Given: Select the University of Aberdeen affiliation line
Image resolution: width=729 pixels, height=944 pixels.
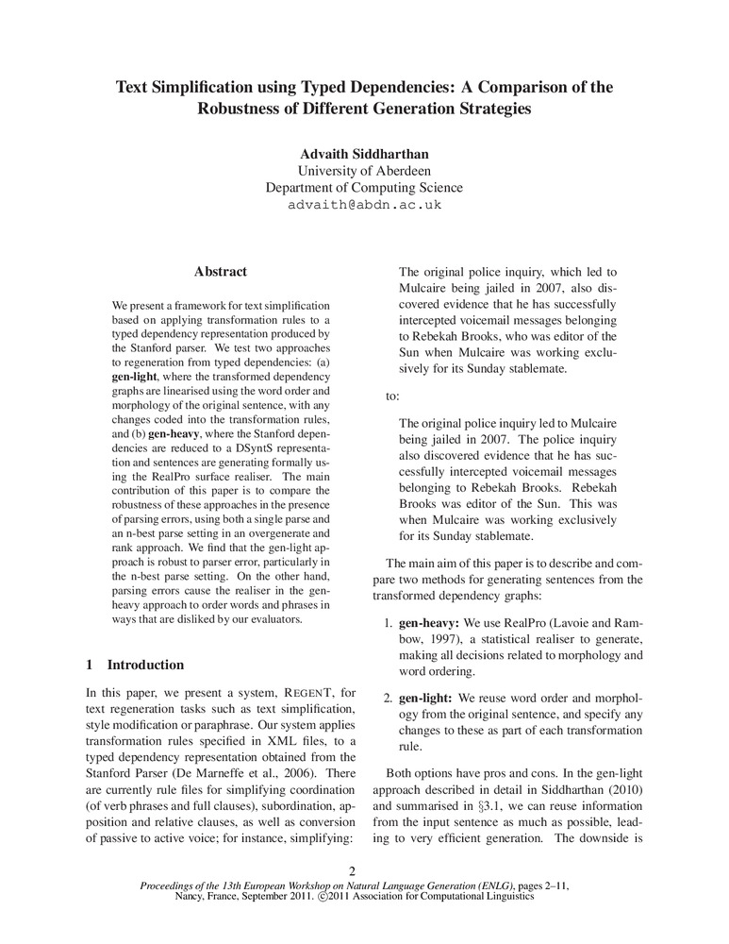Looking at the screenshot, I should coord(364,171).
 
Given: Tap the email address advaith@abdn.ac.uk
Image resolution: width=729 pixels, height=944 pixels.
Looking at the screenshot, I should coord(364,204).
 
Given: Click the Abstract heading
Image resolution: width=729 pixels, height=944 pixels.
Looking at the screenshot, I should coord(220,272).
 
